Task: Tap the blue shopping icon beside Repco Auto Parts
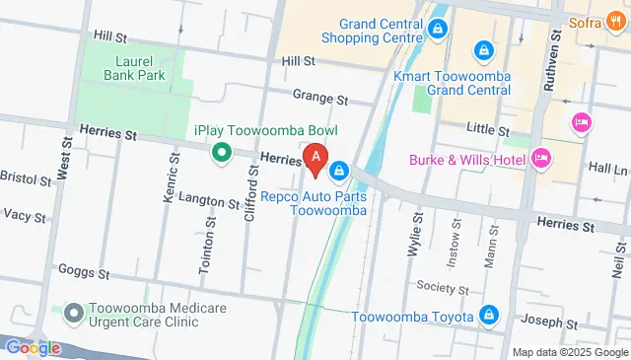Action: (339, 172)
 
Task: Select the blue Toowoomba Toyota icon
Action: (487, 316)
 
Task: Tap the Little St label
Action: (487, 130)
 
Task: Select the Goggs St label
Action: (78, 270)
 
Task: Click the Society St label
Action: (442, 289)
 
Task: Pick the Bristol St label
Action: (24, 180)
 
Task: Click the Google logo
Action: (33, 347)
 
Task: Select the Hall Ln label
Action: (606, 170)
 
